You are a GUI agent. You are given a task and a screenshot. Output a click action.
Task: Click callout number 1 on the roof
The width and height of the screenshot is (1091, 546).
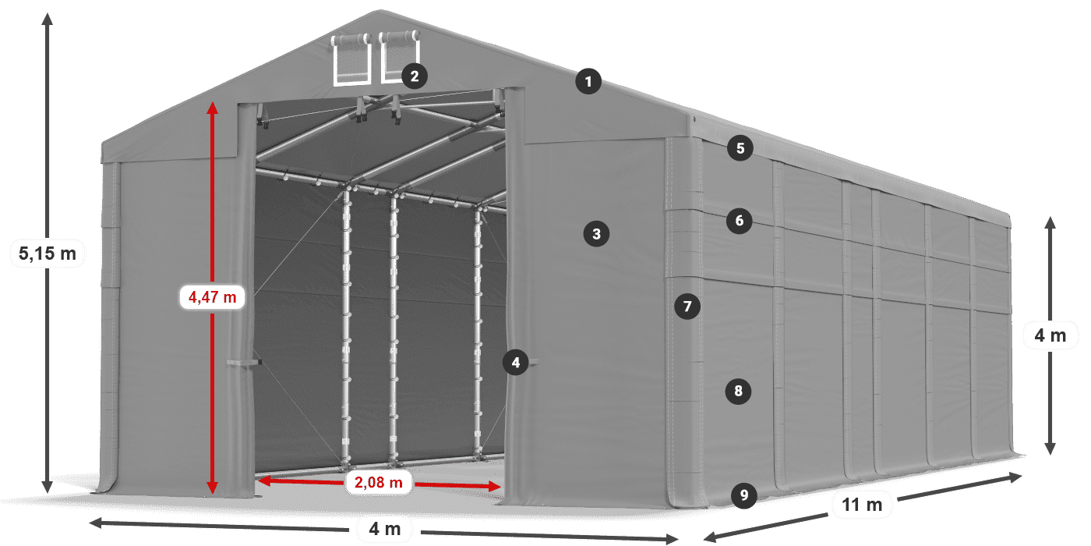(x=589, y=80)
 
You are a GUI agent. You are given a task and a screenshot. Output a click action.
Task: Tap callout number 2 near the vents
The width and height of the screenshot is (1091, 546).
(x=414, y=76)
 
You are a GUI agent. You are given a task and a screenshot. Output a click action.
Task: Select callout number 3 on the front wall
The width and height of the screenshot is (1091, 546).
(x=596, y=233)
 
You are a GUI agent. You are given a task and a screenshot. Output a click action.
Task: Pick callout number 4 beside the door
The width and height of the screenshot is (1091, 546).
(x=515, y=362)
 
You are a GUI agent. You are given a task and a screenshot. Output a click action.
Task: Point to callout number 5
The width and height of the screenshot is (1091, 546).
(x=740, y=147)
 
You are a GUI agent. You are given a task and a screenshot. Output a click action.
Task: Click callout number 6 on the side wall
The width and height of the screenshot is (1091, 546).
(x=740, y=221)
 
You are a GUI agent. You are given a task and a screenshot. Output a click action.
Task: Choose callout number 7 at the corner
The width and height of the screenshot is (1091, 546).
(x=687, y=307)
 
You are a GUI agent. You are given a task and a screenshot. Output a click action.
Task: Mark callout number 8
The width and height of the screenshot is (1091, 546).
(x=738, y=390)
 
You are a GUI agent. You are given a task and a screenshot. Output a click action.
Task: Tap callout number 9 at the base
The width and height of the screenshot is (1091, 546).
(x=744, y=495)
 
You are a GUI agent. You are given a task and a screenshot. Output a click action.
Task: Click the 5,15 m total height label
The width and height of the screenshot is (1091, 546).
(x=48, y=252)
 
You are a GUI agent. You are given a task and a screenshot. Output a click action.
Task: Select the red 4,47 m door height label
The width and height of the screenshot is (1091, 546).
(x=212, y=296)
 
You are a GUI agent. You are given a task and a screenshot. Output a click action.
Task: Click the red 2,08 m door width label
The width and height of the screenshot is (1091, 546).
(x=378, y=483)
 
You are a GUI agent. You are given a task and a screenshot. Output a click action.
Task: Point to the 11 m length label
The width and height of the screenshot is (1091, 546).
(x=862, y=505)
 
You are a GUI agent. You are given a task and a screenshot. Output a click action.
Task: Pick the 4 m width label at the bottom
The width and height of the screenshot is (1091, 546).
(x=384, y=530)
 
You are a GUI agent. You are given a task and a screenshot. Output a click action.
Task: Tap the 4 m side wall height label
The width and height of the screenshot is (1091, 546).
(x=1050, y=336)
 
